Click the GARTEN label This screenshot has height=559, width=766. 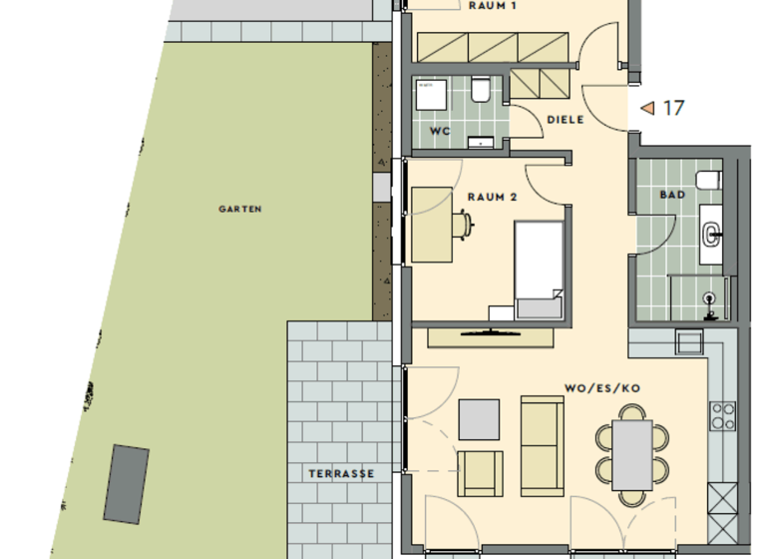tap(239, 210)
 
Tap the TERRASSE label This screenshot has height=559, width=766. tap(341, 474)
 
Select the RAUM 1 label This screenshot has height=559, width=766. tap(492, 5)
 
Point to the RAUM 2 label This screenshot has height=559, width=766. tap(492, 198)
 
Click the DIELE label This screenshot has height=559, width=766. tap(565, 120)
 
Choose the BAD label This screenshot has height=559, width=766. tap(672, 195)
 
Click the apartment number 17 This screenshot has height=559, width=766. tap(674, 108)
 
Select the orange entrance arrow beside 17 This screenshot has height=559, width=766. tap(647, 108)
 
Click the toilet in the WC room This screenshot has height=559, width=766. tap(481, 92)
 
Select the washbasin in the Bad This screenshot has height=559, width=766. tap(712, 234)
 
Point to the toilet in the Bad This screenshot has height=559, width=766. tap(708, 181)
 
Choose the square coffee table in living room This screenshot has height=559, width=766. tap(480, 419)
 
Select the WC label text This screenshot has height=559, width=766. tap(440, 131)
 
